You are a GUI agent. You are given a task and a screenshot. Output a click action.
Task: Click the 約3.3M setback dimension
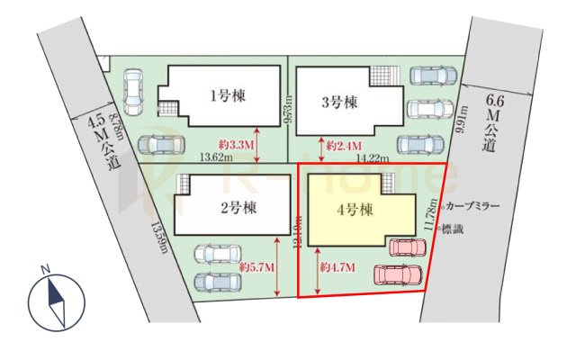pyautogui.click(x=237, y=144)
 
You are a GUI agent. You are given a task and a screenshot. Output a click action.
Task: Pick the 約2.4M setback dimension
pyautogui.click(x=344, y=144)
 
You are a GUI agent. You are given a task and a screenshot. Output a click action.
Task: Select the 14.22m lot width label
pyautogui.click(x=373, y=158)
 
